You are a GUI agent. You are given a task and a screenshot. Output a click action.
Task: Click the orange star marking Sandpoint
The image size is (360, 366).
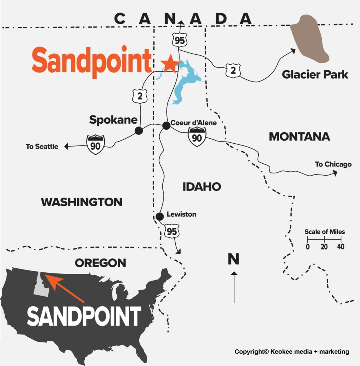pos(170,63)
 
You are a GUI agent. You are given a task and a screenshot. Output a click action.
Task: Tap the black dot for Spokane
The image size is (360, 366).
pos(139,131)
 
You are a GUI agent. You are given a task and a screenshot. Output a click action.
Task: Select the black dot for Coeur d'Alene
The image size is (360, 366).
pos(166,126)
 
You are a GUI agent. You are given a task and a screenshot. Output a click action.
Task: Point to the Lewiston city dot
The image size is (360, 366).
pos(160,216)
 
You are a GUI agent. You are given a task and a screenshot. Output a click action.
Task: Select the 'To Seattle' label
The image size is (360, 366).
pos(42,146)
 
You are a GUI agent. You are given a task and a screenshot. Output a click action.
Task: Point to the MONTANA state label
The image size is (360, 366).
pos(299,137)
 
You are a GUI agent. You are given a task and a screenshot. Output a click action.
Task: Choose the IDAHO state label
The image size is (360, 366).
pos(201,187)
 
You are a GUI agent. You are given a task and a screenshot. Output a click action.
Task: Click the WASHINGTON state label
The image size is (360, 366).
pos(82,202)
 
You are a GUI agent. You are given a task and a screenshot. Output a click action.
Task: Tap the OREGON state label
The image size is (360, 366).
pos(100,263)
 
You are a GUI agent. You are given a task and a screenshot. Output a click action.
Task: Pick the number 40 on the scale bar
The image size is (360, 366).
pos(340,247)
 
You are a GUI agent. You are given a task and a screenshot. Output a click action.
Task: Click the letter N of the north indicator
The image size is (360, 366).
pos(233,259)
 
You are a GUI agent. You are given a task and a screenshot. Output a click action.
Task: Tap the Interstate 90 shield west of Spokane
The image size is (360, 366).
pos(96,144)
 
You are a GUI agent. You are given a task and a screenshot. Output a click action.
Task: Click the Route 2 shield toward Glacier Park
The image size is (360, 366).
pos(233,71)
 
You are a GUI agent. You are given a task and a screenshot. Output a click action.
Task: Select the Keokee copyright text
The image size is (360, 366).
pos(292,352)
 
